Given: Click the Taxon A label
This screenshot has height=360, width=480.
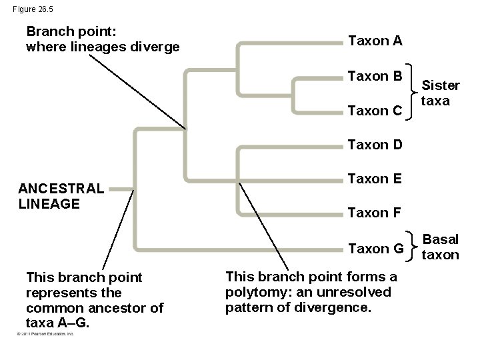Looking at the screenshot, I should point(375,41).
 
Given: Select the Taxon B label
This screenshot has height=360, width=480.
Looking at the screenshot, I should point(375,77).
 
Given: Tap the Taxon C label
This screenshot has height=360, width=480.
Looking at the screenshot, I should point(375,111).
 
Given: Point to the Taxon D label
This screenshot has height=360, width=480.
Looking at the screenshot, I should point(375,145).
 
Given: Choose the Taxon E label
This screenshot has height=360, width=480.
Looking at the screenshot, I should point(375,179).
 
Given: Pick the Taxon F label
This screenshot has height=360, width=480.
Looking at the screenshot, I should point(375,213).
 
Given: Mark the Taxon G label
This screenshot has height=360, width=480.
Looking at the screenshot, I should point(376,249).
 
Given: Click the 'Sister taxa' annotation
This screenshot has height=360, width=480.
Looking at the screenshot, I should point(441,93).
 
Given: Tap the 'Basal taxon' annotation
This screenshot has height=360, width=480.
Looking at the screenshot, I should point(441,247).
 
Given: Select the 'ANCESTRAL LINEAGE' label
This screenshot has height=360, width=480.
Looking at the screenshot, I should point(61,196).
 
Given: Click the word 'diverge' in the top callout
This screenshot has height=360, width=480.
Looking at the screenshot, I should point(158,47).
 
